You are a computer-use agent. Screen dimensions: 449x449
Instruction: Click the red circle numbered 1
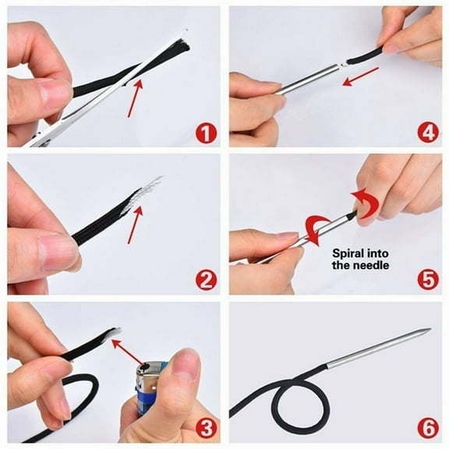(206, 133)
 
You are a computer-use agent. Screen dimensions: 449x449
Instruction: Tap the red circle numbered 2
(206, 279)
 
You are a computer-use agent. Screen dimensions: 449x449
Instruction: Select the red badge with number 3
(206, 426)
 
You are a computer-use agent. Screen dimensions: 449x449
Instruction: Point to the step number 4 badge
(427, 133)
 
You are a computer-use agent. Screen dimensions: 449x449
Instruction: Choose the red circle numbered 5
(427, 279)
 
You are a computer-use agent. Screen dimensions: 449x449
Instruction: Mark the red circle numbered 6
(427, 427)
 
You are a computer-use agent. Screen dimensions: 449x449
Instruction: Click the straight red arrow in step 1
(136, 97)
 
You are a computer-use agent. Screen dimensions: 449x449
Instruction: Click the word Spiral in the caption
(350, 253)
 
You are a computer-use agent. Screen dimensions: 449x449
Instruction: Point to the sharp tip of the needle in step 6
(428, 331)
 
